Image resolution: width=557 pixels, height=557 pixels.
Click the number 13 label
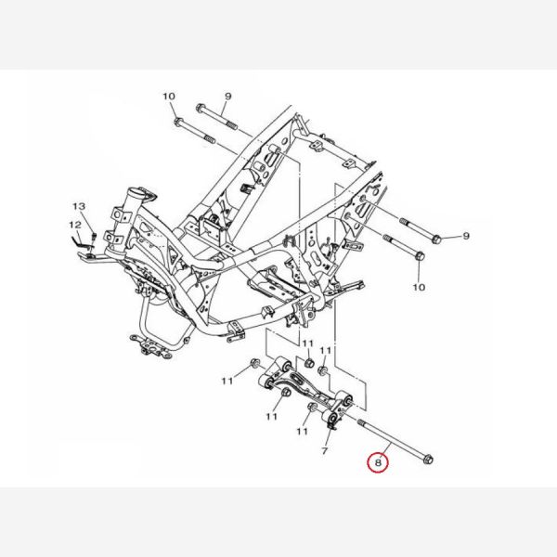coord(79,206)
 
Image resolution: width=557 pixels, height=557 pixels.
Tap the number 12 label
coord(75,225)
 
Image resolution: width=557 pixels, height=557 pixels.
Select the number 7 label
coord(324,451)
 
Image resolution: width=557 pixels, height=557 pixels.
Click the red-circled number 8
coord(378,462)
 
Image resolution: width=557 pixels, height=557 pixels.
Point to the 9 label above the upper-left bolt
coord(228,97)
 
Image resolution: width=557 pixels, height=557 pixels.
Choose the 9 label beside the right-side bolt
coord(466,236)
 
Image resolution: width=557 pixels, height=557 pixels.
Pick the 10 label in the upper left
coord(169,97)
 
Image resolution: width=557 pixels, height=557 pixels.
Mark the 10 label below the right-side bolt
coord(420,287)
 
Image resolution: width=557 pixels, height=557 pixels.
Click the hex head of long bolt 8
coord(428,460)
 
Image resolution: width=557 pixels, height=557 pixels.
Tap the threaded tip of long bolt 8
coord(362,422)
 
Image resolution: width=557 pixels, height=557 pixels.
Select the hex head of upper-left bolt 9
coord(201,108)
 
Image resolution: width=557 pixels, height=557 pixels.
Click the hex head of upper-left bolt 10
coord(178,123)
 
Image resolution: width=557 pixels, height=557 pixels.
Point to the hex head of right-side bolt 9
coord(436,240)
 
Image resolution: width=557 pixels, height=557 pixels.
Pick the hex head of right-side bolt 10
coord(420,256)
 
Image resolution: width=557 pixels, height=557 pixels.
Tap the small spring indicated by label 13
coord(94,236)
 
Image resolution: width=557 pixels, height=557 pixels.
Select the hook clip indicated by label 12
coord(79,241)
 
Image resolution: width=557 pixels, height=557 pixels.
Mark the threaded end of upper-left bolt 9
coord(231,125)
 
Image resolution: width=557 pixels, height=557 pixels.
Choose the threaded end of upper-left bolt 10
coord(210,139)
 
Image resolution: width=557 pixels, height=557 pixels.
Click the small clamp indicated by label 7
coord(332,425)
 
